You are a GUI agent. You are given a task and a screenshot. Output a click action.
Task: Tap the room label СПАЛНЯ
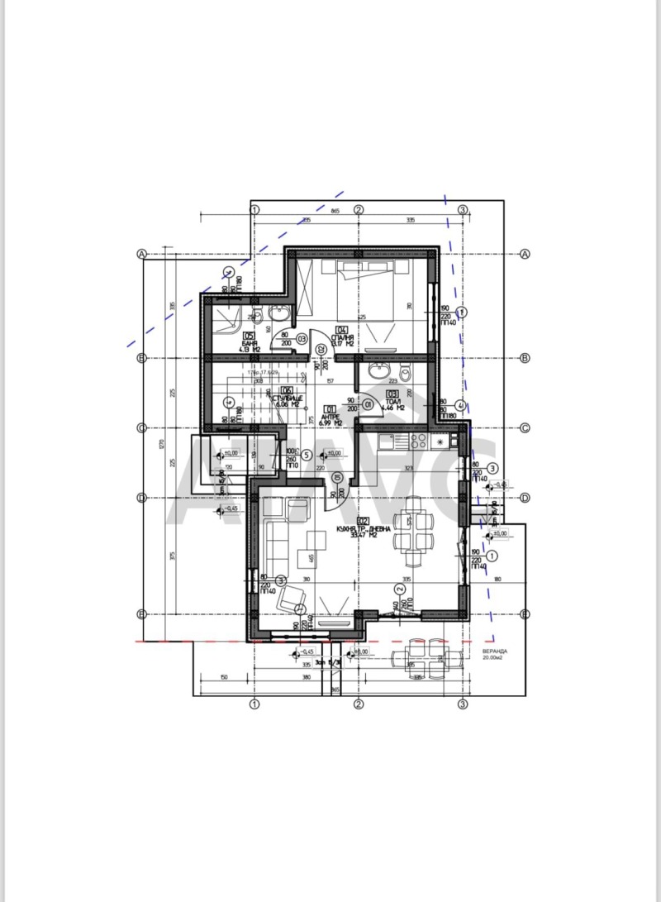point(345,340)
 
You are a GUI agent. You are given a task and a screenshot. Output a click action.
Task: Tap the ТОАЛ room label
point(393,403)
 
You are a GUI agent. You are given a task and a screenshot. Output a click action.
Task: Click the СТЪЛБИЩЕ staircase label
point(289,399)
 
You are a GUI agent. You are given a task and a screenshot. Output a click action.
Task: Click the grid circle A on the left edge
point(142,254)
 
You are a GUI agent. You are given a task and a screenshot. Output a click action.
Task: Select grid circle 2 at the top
point(359,209)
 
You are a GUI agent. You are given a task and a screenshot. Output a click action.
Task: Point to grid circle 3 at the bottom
point(463,704)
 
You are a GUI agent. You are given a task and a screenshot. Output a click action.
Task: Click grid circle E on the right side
point(525,613)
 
